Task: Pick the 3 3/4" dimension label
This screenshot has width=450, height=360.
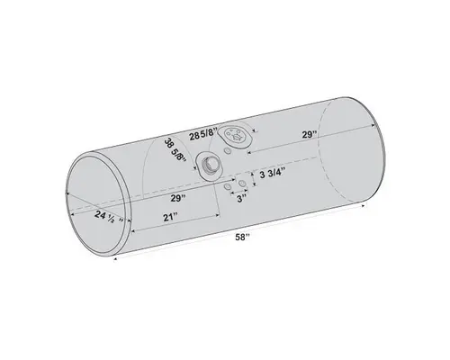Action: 274,173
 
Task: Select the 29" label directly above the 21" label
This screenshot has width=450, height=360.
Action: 176,197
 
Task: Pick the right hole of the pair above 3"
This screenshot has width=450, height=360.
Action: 244,184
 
